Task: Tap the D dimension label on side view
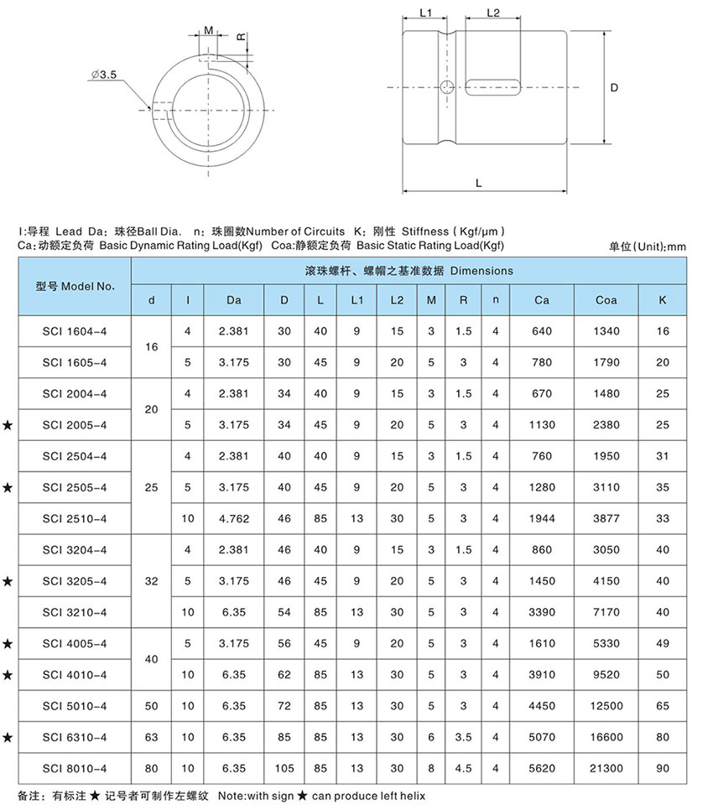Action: pyautogui.click(x=615, y=87)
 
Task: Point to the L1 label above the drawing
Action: pyautogui.click(x=424, y=13)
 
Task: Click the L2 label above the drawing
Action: pyautogui.click(x=493, y=13)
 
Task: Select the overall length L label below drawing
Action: pyautogui.click(x=478, y=181)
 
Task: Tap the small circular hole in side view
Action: pyautogui.click(x=448, y=87)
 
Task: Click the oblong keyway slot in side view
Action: pyautogui.click(x=493, y=87)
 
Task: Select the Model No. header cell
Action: pyautogui.click(x=75, y=286)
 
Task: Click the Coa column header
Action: pyautogui.click(x=606, y=300)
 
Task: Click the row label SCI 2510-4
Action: pyautogui.click(x=75, y=519)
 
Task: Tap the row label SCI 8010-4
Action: pyautogui.click(x=75, y=767)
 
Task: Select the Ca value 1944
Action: pyautogui.click(x=543, y=519)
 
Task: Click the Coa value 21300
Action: pyautogui.click(x=606, y=767)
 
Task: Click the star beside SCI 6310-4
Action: pyautogui.click(x=8, y=737)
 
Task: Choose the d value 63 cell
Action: pyautogui.click(x=151, y=737)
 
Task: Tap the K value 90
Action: pyautogui.click(x=663, y=767)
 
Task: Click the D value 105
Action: pyautogui.click(x=284, y=767)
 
